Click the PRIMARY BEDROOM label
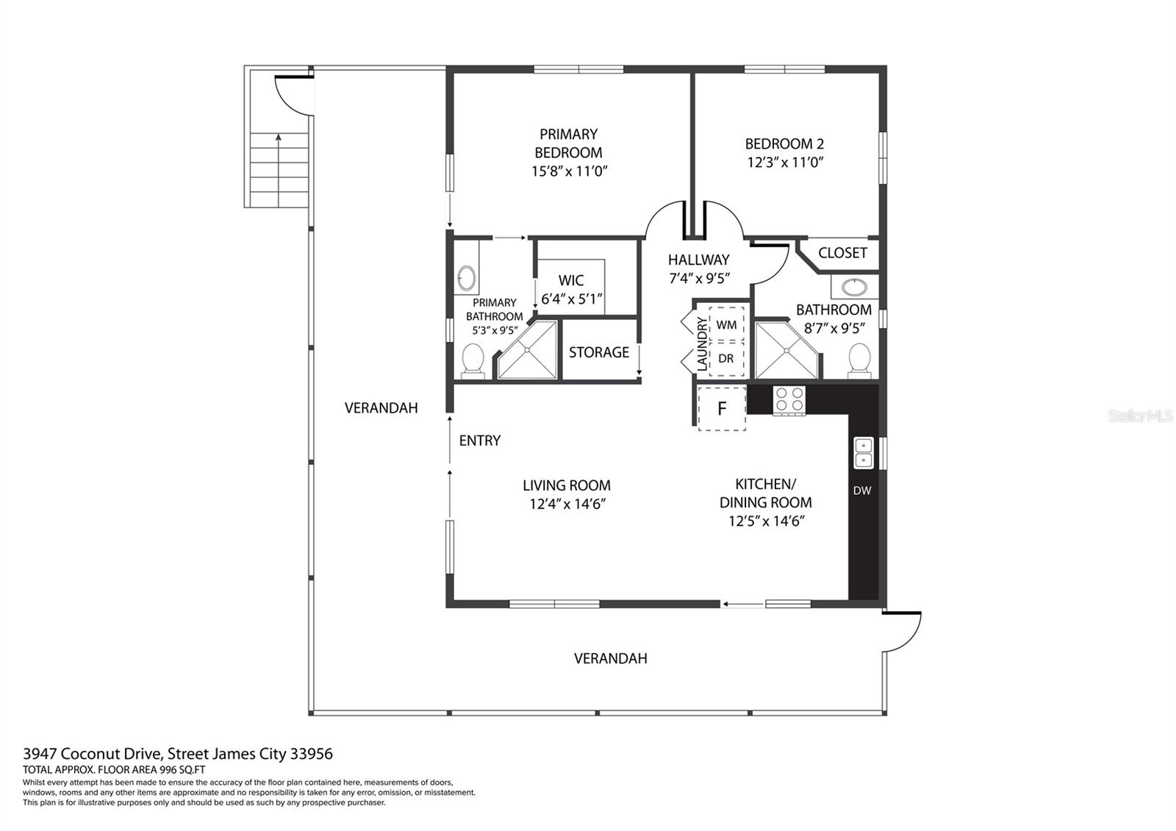tap(569, 143)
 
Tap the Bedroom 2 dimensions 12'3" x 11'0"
tap(785, 163)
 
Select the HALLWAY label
tap(699, 260)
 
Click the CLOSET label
tap(842, 253)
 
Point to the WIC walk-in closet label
tap(571, 280)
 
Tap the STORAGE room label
tap(599, 352)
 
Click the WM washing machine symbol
tap(727, 325)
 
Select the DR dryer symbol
tap(727, 359)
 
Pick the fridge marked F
tap(722, 409)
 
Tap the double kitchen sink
tap(864, 453)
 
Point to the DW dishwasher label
tap(862, 491)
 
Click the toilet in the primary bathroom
tap(473, 361)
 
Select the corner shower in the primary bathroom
tap(526, 350)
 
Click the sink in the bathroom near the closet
tap(855, 288)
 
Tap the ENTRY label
tap(480, 441)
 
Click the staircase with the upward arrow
tap(279, 170)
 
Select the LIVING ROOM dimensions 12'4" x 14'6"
tap(567, 504)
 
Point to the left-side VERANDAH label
tap(381, 408)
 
